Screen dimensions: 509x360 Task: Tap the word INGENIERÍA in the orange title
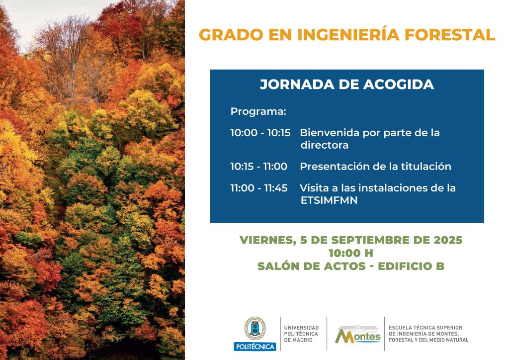[348, 34]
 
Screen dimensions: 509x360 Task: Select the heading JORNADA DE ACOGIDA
[346, 85]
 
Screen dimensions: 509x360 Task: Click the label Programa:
[258, 112]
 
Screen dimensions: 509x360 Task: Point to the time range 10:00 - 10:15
[260, 133]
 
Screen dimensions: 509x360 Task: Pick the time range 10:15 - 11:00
[258, 167]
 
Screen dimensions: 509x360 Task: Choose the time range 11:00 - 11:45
[259, 188]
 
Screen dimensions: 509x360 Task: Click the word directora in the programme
[324, 145]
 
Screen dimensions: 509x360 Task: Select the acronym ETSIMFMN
[329, 200]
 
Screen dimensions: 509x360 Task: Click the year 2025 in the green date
[448, 240]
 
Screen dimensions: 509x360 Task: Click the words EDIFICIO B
[411, 266]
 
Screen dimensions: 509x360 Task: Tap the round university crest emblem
[255, 329]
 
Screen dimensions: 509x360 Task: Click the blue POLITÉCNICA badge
[255, 347]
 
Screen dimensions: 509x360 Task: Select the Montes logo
[357, 334]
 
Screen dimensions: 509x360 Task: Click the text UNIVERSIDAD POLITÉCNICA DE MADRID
[301, 334]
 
